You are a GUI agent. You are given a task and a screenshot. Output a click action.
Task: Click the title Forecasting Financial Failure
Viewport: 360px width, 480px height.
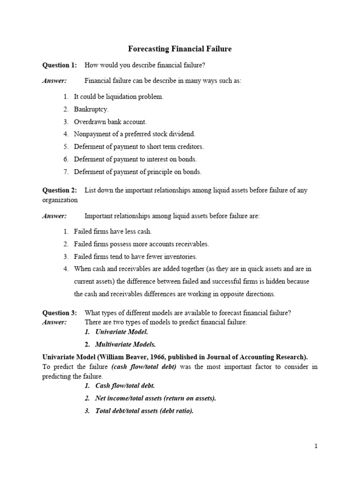(180, 49)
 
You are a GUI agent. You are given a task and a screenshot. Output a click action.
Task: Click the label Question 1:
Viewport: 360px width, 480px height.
(60, 65)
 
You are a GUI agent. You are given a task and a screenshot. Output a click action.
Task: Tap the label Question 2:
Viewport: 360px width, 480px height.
(60, 190)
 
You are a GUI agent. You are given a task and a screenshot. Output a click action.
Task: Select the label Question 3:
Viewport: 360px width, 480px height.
(60, 313)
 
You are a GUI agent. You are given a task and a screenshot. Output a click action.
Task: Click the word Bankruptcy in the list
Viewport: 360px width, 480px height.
(91, 109)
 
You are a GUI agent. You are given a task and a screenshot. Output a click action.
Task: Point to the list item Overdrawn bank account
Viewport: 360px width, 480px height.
(110, 122)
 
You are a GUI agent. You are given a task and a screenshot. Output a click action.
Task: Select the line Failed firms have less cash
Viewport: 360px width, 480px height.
(112, 232)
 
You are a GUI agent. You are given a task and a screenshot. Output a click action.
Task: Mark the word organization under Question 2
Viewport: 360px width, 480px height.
(60, 200)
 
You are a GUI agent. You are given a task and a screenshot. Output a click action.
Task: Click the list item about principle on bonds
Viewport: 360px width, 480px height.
(137, 172)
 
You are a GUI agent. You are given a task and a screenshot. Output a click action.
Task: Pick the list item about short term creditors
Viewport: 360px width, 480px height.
(139, 147)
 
